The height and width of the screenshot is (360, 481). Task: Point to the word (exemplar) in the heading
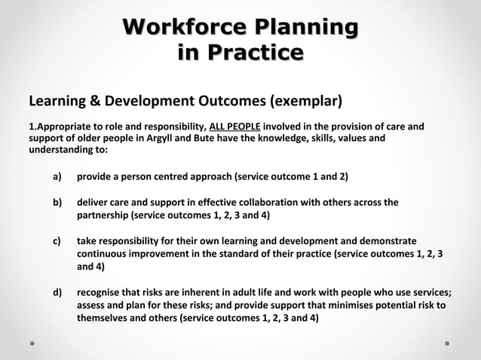tap(302, 100)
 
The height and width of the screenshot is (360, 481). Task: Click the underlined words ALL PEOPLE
tap(235, 126)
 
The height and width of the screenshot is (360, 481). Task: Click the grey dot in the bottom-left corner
tap(32, 342)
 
